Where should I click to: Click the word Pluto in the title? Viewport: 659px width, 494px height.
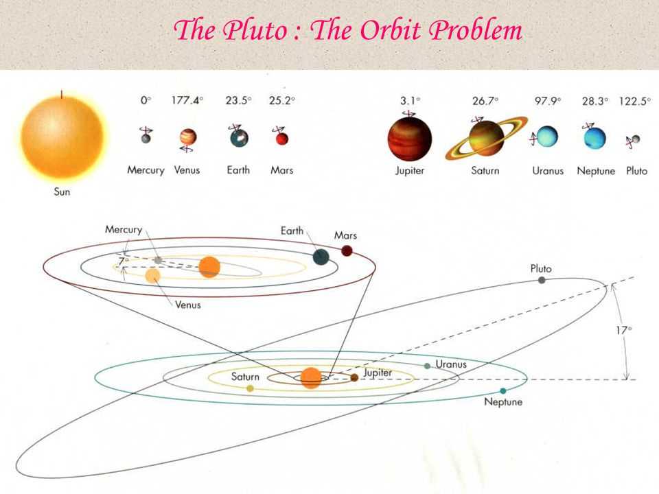[x=255, y=30]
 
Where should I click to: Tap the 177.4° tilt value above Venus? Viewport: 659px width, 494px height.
[x=187, y=100]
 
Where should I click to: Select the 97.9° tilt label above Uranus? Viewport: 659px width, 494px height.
[x=548, y=101]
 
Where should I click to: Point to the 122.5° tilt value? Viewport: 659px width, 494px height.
[x=634, y=101]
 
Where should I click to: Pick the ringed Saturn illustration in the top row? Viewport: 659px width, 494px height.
[x=486, y=138]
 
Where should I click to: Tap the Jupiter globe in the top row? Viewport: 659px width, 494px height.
[x=409, y=139]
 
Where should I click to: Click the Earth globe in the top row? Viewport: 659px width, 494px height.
[x=239, y=138]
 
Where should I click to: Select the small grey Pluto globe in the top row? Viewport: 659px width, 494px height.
[x=636, y=139]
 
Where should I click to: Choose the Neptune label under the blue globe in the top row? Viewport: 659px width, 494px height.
[x=596, y=171]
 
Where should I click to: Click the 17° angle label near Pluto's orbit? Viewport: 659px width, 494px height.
[x=624, y=331]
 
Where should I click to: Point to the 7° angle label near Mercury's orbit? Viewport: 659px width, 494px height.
[x=123, y=261]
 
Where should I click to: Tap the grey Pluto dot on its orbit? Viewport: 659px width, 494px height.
[x=542, y=280]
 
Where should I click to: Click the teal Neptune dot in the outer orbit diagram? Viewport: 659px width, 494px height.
[x=503, y=390]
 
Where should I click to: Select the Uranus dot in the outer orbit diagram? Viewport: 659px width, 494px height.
[x=428, y=366]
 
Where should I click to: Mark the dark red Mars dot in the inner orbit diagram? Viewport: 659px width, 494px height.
[x=347, y=251]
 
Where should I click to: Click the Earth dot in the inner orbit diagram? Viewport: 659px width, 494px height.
[x=321, y=257]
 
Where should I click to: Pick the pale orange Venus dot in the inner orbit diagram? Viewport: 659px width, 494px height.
[x=152, y=276]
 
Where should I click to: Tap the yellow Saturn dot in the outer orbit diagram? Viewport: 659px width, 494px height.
[x=250, y=388]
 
